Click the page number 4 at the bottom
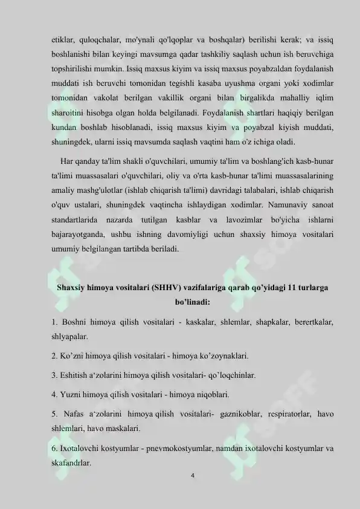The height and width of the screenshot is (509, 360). coord(191,476)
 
